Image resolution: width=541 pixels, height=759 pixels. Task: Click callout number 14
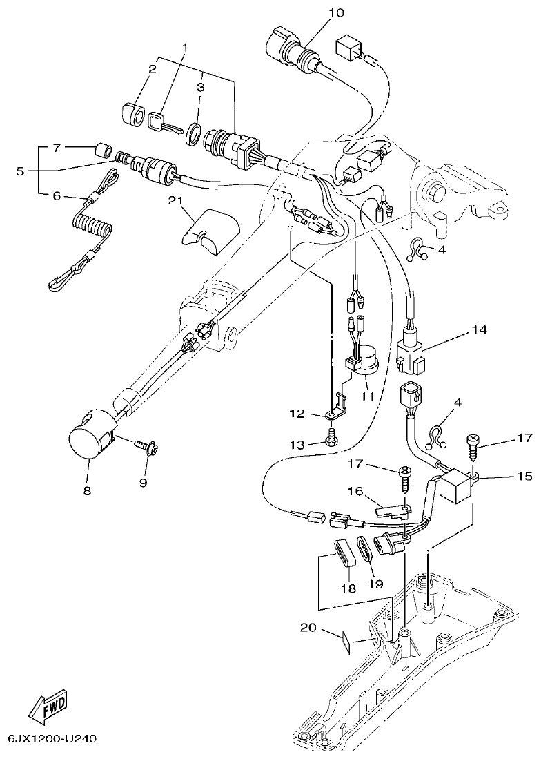479,330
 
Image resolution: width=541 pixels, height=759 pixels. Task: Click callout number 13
296,445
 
